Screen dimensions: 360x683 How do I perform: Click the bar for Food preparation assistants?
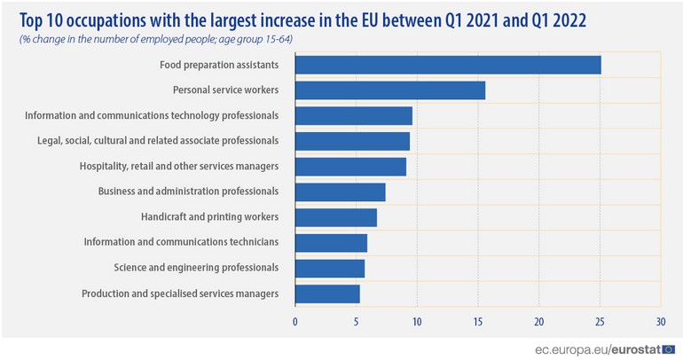(x=448, y=65)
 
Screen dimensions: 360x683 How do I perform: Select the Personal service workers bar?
(x=390, y=90)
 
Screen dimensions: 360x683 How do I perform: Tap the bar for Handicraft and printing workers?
(x=336, y=217)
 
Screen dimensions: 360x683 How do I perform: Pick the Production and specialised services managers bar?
(x=327, y=293)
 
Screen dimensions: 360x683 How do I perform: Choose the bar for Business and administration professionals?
(x=341, y=192)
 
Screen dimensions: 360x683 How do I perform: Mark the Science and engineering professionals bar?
(x=330, y=268)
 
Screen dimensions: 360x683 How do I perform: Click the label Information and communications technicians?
(x=182, y=242)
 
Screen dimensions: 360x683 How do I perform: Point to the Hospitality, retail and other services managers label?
(x=167, y=166)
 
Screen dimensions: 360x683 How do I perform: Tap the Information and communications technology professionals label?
(x=153, y=115)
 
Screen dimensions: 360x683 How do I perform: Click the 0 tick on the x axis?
(x=295, y=320)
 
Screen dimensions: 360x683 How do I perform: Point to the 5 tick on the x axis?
(x=357, y=320)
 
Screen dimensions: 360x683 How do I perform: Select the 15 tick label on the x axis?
(x=478, y=320)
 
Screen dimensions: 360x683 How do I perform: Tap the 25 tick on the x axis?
(x=600, y=320)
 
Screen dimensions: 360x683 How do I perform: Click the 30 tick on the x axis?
(x=660, y=320)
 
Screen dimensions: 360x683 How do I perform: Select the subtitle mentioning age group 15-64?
(x=156, y=40)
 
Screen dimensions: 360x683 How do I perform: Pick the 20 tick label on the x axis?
(x=538, y=320)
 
